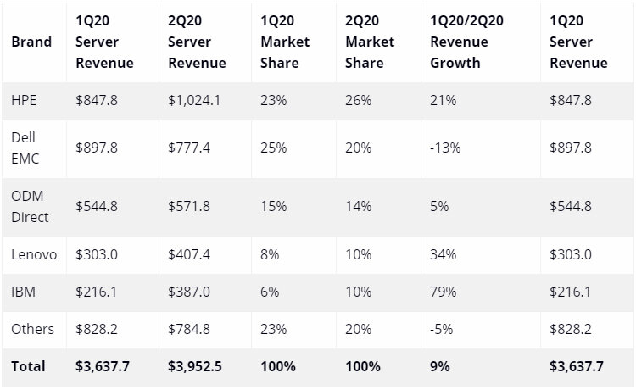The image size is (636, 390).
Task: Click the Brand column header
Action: click(31, 42)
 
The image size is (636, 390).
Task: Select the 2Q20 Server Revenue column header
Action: click(197, 42)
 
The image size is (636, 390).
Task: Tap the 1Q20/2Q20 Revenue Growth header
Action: click(466, 42)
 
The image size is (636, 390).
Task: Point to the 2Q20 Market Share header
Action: click(370, 42)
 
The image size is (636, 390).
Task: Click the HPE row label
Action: click(24, 100)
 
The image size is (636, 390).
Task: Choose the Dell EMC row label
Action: click(25, 148)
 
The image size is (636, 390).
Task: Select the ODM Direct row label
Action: click(30, 206)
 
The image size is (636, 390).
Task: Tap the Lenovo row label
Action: click(34, 254)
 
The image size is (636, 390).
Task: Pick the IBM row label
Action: click(23, 292)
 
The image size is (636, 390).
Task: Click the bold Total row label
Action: click(28, 366)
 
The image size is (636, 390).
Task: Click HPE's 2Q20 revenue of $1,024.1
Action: click(194, 100)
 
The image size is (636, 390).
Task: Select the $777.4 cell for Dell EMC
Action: click(189, 148)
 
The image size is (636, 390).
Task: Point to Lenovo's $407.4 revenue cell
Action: click(189, 254)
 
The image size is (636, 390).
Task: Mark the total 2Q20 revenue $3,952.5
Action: click(195, 366)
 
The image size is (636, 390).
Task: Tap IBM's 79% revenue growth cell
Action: click(443, 292)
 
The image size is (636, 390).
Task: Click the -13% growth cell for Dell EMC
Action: click(445, 148)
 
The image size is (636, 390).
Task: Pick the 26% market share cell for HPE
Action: click(358, 100)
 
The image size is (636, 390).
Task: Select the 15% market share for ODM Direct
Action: click(273, 206)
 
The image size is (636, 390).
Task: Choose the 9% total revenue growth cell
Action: click(439, 366)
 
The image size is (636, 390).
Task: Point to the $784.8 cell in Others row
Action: click(189, 329)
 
